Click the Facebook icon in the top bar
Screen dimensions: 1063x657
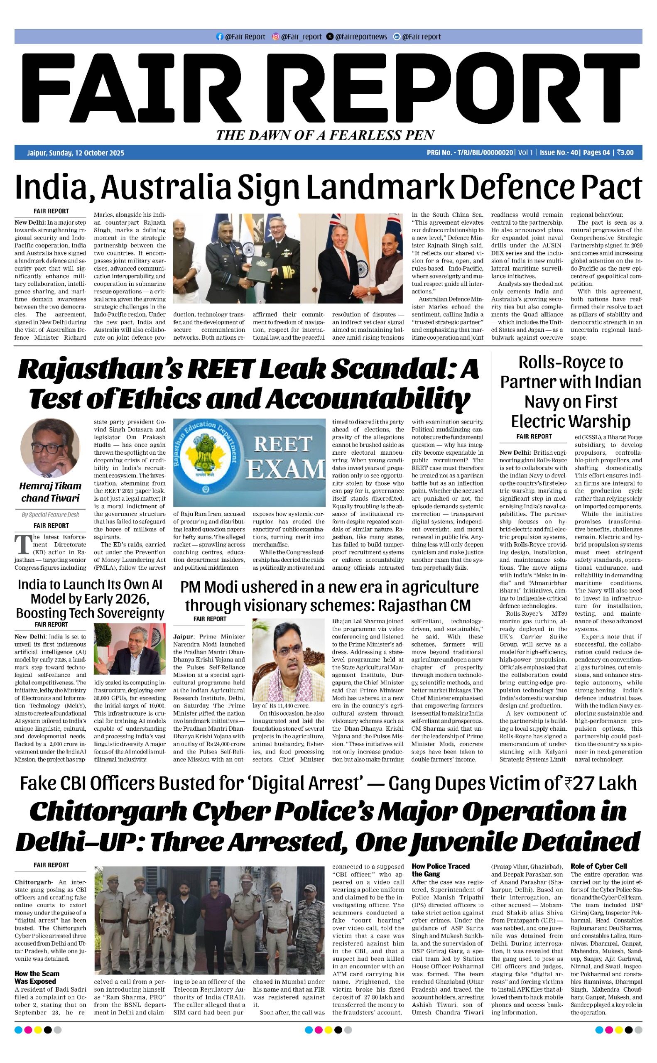[219, 37]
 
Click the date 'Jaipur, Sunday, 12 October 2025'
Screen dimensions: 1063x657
[76, 153]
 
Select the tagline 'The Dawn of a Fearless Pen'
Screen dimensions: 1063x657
[326, 135]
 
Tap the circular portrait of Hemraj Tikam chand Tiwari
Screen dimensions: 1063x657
[50, 448]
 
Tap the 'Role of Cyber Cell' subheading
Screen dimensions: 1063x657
[598, 866]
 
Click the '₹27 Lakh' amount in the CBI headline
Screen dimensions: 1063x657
[600, 783]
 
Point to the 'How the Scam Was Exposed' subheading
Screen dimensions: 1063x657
[37, 977]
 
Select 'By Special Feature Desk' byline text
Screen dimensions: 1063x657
[50, 514]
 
